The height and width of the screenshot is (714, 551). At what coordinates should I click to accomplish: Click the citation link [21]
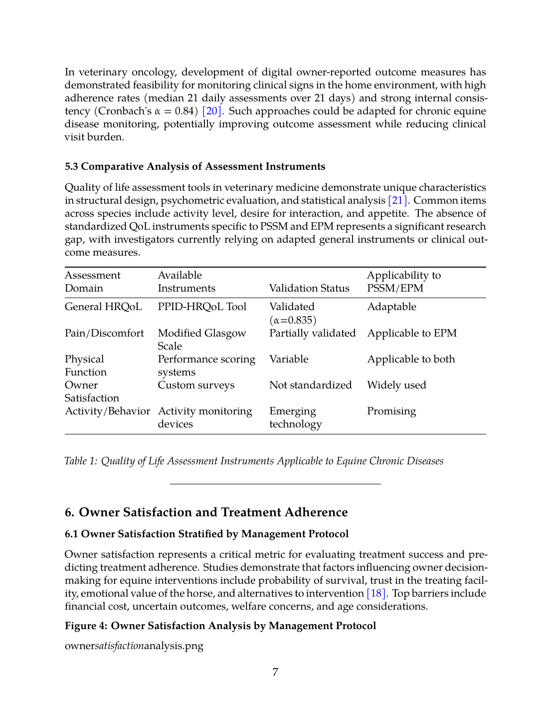[x=398, y=200]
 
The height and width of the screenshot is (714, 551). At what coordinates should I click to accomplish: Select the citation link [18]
[x=376, y=593]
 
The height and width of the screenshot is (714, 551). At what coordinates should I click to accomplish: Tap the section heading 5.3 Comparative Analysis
[x=195, y=166]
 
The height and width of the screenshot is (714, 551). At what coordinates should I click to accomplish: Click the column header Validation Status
[x=309, y=288]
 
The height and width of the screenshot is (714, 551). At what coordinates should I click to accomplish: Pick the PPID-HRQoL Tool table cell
[x=202, y=307]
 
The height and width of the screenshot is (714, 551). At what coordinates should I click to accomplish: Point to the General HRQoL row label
[x=103, y=307]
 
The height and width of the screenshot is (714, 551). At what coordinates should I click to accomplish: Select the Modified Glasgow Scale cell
[x=201, y=340]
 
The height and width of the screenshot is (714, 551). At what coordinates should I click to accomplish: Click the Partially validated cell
[x=312, y=333]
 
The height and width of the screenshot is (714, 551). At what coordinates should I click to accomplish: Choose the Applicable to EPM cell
[x=412, y=333]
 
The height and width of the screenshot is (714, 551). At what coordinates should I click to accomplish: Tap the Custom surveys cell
[x=196, y=385]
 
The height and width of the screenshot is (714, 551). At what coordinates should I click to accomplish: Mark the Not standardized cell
[x=310, y=385]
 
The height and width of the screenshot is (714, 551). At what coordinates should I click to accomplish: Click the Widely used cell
[x=396, y=385]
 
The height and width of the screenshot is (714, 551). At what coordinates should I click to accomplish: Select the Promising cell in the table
[x=391, y=411]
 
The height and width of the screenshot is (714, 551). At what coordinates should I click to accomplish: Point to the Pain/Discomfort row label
[x=104, y=333]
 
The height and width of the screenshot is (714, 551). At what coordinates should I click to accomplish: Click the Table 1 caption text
[x=254, y=461]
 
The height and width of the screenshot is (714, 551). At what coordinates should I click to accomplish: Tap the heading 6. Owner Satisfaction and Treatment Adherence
[x=206, y=512]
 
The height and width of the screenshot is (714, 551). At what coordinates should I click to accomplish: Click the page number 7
[x=275, y=672]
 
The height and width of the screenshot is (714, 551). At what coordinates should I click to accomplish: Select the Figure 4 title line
[x=220, y=626]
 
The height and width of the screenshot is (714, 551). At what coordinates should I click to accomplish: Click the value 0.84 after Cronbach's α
[x=184, y=111]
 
